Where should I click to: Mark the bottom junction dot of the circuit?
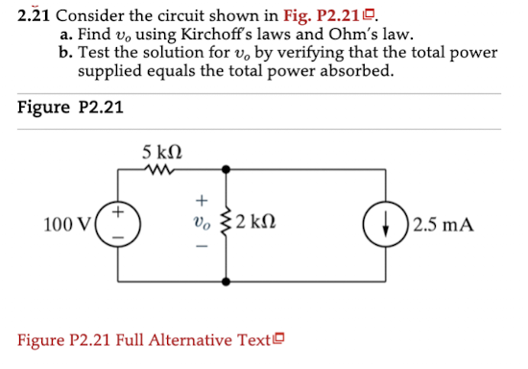click(228, 283)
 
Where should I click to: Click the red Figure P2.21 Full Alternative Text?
click(152, 340)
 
